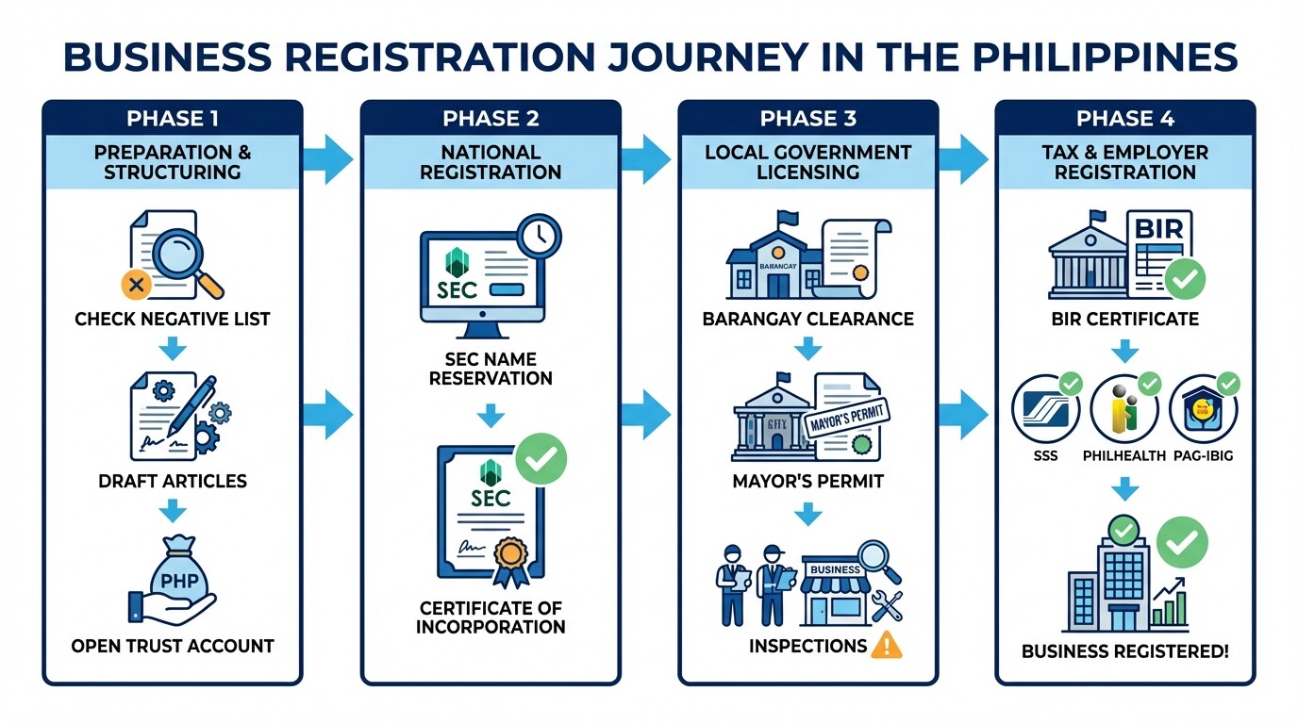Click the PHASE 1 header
tap(173, 119)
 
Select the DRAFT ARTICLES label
tap(173, 481)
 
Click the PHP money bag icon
tap(178, 576)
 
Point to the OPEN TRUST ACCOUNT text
tap(173, 646)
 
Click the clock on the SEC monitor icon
tap(538, 237)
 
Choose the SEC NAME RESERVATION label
tap(491, 369)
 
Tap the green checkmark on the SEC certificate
tap(542, 459)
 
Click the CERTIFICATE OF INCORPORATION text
tap(491, 617)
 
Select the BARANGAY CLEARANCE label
tap(808, 319)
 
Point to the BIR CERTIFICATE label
tap(1124, 319)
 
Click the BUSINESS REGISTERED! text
tap(1124, 651)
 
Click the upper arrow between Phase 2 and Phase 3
tap(646, 158)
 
